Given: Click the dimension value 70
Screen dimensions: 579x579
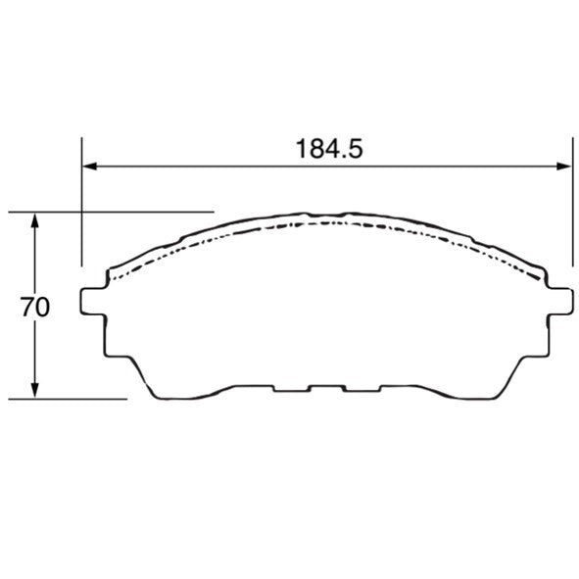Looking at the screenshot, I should pyautogui.click(x=35, y=307).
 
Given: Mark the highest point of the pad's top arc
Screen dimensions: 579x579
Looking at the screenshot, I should pyautogui.click(x=328, y=212).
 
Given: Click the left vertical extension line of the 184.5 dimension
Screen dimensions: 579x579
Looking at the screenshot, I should pyautogui.click(x=81, y=216).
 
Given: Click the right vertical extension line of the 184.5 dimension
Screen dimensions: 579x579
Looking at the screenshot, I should pyautogui.click(x=572, y=216).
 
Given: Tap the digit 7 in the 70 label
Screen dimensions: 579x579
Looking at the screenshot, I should pyautogui.click(x=28, y=307).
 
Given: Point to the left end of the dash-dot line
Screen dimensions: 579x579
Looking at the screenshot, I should pyautogui.click(x=108, y=280).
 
